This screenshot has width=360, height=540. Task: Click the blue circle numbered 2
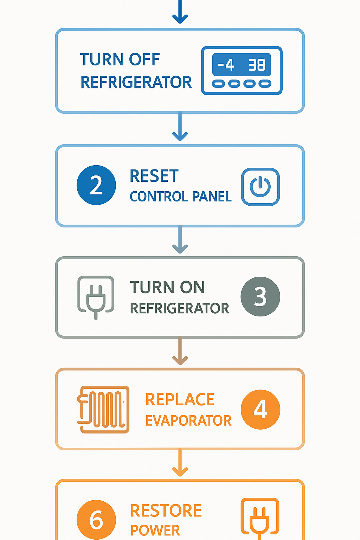(96, 185)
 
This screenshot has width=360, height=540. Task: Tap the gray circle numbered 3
(260, 296)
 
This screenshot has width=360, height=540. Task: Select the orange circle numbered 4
(260, 409)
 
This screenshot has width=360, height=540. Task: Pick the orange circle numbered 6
(96, 520)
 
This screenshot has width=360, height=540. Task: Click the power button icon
(260, 187)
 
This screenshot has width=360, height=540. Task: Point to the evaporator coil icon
(103, 409)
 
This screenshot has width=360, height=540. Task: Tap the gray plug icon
(96, 296)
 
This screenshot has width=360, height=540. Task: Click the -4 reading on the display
(226, 65)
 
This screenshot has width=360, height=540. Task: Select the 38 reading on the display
(257, 65)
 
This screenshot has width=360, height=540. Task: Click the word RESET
(154, 176)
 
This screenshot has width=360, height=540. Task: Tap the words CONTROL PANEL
(180, 197)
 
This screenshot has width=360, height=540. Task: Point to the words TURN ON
(167, 287)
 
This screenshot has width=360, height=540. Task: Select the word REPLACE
(180, 400)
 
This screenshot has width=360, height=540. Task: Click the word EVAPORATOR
(188, 420)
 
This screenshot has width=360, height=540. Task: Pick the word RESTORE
(166, 511)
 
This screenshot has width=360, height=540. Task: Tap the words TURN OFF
(120, 60)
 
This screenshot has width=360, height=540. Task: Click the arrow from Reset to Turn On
(180, 240)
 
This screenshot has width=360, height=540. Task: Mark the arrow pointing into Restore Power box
(180, 463)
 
